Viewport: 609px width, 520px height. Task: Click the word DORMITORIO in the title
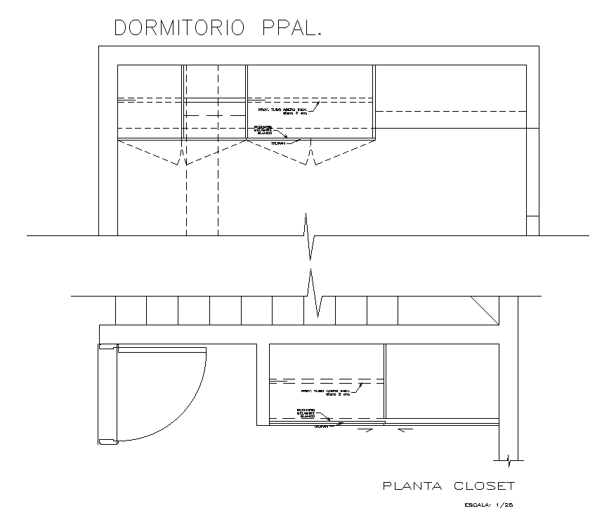(179, 28)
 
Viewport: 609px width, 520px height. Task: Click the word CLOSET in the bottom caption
(485, 486)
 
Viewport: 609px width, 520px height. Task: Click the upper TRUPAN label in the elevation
(278, 143)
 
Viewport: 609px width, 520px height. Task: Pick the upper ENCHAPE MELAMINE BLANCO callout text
(263, 130)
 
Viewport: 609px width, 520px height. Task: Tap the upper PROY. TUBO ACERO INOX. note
(283, 111)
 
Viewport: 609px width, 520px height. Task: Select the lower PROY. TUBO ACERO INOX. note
(325, 392)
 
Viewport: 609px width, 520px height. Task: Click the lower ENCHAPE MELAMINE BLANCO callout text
(306, 412)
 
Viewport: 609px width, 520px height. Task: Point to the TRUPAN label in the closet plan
(321, 426)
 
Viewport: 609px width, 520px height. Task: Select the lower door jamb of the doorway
(107, 442)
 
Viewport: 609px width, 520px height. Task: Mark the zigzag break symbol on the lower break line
(314, 295)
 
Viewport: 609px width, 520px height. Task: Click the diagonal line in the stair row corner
(484, 310)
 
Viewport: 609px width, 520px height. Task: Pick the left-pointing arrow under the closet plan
(400, 431)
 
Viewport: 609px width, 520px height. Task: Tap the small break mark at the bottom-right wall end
(509, 460)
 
